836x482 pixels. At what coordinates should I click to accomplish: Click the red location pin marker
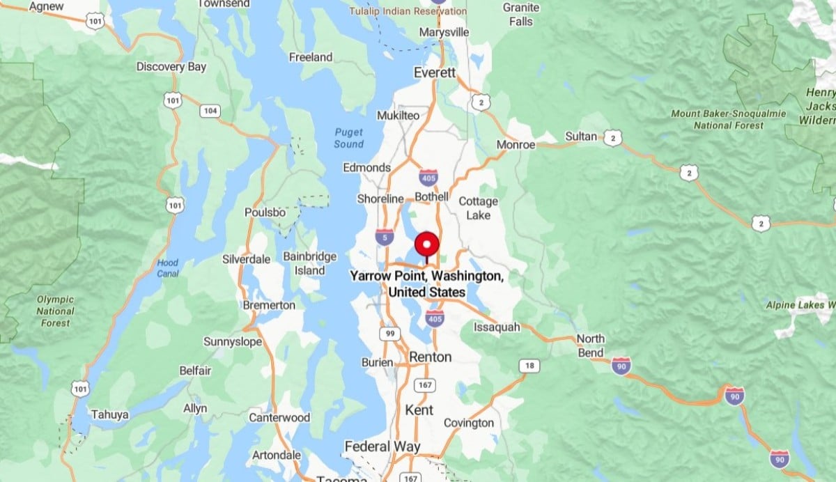[426, 246]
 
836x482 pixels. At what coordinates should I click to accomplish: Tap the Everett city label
[434, 72]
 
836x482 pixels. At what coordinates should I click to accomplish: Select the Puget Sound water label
[349, 138]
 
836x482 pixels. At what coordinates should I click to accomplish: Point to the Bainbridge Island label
[310, 263]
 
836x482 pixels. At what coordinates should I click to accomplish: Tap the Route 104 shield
[210, 111]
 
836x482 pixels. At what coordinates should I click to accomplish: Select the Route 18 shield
[529, 366]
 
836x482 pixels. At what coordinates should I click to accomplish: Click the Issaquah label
[497, 327]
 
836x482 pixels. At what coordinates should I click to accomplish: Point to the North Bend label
[591, 345]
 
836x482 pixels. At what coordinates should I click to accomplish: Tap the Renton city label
[430, 357]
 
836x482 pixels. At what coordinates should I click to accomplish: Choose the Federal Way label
[382, 446]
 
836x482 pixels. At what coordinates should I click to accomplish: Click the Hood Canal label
[168, 268]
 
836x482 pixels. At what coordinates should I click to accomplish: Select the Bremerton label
[269, 305]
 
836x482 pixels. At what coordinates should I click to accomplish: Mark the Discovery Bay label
[171, 67]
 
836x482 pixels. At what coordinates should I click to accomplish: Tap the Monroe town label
[516, 145]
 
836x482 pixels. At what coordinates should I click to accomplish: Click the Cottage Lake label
[479, 208]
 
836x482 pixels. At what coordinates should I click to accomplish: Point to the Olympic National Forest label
[55, 311]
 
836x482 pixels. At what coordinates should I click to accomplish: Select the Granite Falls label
[521, 15]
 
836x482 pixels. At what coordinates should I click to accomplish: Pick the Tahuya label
[109, 415]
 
